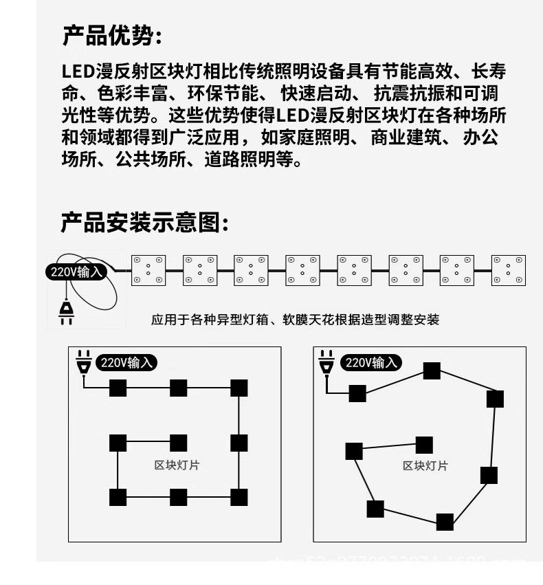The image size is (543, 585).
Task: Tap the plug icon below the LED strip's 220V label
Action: point(66,311)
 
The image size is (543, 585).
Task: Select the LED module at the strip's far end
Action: point(509,270)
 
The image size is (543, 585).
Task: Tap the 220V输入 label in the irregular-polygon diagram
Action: point(371,362)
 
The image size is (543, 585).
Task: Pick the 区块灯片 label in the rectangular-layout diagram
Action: point(177,465)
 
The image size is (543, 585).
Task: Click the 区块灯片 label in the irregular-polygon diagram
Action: point(425,466)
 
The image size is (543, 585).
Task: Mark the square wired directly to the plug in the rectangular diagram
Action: point(118,388)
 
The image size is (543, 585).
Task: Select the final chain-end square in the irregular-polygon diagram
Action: point(425,445)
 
